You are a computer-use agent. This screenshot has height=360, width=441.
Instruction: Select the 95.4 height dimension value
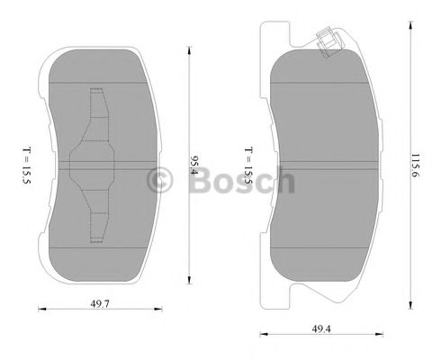pos(193,166)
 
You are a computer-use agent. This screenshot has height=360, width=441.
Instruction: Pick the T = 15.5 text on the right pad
pos(248,162)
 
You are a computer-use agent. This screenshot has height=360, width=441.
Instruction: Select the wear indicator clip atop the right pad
pos(328,40)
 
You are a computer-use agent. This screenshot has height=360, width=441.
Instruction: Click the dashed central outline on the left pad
pos(94,166)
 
